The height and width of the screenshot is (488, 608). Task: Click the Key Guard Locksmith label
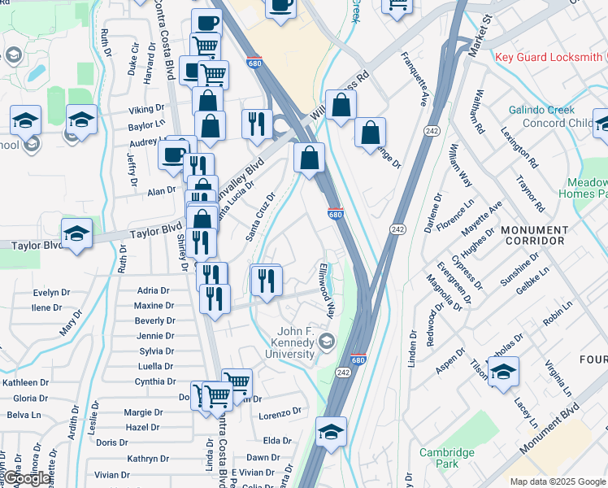(550, 57)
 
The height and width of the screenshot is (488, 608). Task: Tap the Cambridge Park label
(446, 458)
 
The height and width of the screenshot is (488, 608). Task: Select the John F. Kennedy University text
(295, 342)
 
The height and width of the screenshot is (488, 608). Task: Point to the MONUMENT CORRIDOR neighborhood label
(534, 236)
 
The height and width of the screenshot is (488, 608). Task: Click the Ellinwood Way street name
(328, 290)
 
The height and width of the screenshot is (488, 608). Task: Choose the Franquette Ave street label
(415, 81)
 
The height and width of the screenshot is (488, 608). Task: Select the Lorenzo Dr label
(280, 415)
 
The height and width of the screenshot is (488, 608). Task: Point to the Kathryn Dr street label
(148, 459)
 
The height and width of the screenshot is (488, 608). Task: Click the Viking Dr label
(146, 110)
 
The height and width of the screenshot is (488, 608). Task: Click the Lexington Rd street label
(519, 147)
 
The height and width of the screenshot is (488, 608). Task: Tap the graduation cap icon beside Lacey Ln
(504, 373)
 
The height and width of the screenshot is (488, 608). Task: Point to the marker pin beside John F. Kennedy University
(327, 339)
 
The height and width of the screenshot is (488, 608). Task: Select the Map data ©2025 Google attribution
(558, 481)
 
